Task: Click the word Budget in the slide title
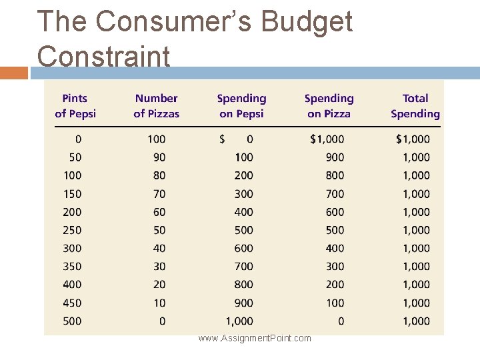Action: [307, 22]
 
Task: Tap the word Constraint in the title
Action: [103, 56]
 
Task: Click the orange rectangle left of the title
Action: [14, 73]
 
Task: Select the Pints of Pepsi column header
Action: [75, 106]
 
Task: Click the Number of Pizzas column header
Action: [157, 106]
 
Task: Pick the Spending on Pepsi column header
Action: [241, 106]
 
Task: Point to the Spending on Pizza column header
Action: [329, 106]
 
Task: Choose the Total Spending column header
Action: [415, 106]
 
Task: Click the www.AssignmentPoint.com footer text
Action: [255, 338]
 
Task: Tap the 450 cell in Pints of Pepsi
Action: [72, 303]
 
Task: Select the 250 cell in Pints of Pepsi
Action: [72, 230]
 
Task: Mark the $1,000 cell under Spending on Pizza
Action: [327, 139]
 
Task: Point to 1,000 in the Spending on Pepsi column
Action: [239, 321]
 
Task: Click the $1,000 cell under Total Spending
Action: [413, 139]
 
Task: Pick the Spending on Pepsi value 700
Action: [243, 266]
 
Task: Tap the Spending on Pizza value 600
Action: [335, 212]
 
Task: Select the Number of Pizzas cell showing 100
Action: [157, 139]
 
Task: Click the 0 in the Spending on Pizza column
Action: [341, 321]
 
